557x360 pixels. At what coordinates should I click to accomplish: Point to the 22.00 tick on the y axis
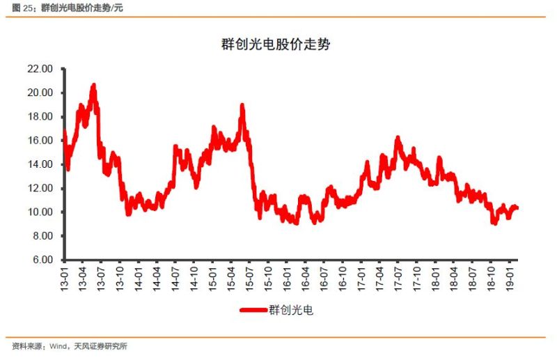pyautogui.click(x=39, y=69)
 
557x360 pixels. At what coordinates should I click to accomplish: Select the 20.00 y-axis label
pyautogui.click(x=39, y=93)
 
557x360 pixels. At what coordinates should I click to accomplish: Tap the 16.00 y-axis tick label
pyautogui.click(x=39, y=141)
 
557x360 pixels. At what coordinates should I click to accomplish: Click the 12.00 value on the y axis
pyautogui.click(x=39, y=188)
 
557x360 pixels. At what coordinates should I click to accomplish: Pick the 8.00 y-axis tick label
pyautogui.click(x=41, y=236)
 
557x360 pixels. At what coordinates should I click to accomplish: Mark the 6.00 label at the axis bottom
pyautogui.click(x=41, y=260)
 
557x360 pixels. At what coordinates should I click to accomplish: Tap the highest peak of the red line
pyautogui.click(x=93, y=85)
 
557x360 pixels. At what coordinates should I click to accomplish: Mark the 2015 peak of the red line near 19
pyautogui.click(x=242, y=105)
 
